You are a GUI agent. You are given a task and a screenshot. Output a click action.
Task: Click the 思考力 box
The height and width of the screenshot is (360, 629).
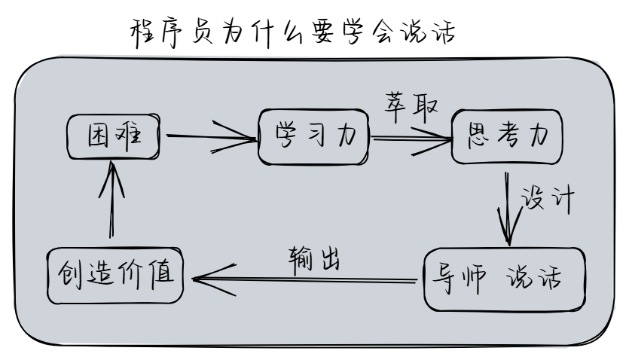507,138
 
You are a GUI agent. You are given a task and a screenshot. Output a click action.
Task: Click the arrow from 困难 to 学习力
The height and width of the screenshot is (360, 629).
211,138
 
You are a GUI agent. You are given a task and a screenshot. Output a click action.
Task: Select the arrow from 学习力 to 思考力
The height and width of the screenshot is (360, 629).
411,139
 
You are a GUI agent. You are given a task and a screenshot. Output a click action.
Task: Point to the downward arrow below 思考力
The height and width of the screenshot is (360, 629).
508,206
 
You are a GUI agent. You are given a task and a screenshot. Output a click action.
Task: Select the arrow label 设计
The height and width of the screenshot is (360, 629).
548,202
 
